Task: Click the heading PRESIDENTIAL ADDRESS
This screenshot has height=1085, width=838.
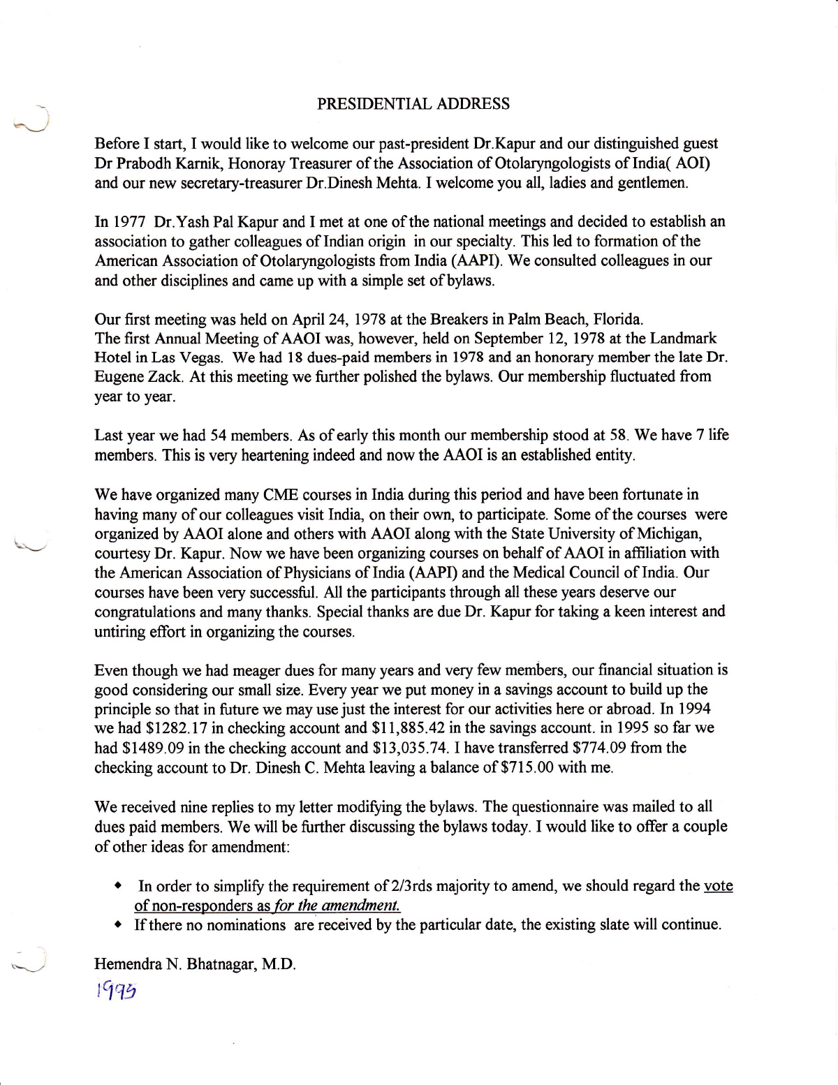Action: (x=413, y=104)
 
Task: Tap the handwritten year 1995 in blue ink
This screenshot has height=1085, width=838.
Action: (x=116, y=990)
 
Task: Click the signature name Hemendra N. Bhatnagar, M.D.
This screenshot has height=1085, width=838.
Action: (x=195, y=964)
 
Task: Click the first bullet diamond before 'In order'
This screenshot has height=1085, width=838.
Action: (x=119, y=886)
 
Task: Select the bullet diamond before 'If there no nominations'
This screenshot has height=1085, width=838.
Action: (x=119, y=925)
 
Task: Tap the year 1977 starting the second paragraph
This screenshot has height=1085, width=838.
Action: (x=128, y=222)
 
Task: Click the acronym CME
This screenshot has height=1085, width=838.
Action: (x=281, y=495)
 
